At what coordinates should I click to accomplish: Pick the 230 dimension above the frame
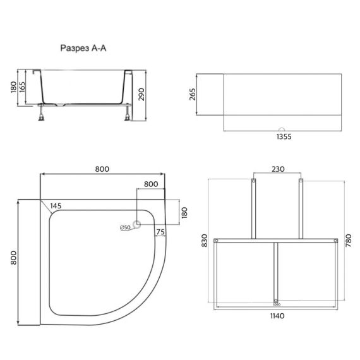point(277,169)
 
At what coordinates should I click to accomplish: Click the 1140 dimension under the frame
point(275,316)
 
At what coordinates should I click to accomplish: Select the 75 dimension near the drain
point(160,232)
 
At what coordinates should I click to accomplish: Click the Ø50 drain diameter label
point(124,227)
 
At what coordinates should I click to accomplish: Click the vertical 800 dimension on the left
point(12,258)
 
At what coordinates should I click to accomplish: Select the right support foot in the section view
point(129,113)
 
